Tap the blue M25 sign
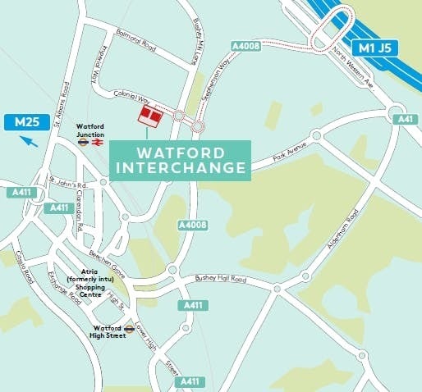[28, 123]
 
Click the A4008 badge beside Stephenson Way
[246, 46]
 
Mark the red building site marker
[149, 116]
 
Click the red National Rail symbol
[97, 140]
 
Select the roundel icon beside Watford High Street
[129, 329]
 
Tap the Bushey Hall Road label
[219, 280]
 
